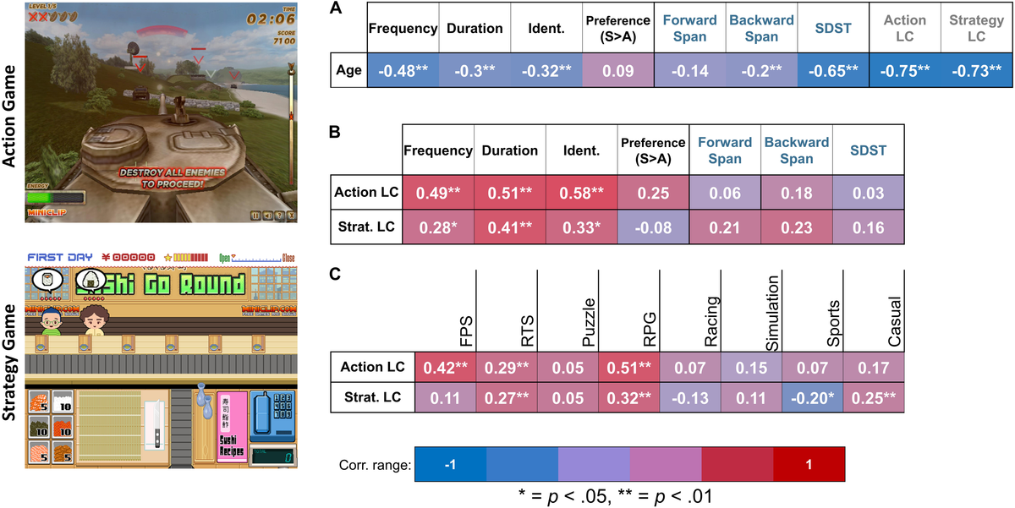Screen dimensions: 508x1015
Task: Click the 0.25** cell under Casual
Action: [x=875, y=397]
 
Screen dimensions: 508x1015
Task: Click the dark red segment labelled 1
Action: [x=809, y=465]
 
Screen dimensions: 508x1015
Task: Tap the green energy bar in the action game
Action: [x=54, y=199]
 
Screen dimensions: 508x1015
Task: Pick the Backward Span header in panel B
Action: [x=797, y=150]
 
